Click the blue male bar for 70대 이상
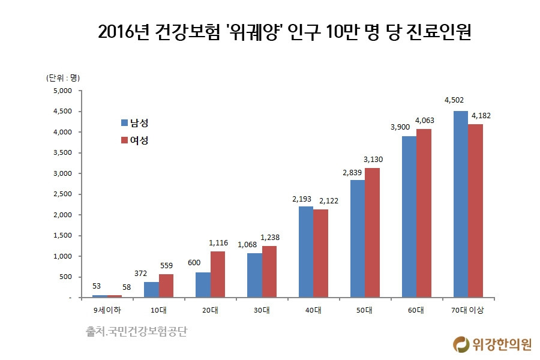click(461, 204)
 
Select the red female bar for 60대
click(424, 213)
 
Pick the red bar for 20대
click(217, 274)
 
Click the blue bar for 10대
click(151, 289)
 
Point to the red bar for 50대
click(372, 232)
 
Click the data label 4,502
click(454, 100)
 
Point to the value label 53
click(97, 286)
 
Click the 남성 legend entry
click(134, 123)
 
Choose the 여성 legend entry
click(134, 140)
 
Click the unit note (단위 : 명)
click(63, 77)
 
